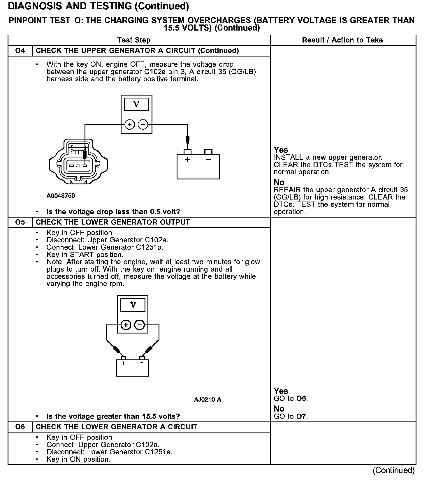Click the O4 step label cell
(x=20, y=51)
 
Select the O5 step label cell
(x=20, y=222)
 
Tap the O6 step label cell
(x=20, y=427)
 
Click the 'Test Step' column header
(x=134, y=40)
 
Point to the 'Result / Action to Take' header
(x=342, y=40)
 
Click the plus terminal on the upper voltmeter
(x=129, y=125)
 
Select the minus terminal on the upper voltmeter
(x=143, y=125)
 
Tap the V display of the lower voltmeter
(x=133, y=305)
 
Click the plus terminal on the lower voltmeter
(x=126, y=324)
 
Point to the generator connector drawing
(x=78, y=162)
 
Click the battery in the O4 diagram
(x=198, y=166)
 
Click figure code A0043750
(x=61, y=196)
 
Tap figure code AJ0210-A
(x=208, y=400)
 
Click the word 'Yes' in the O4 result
(x=281, y=150)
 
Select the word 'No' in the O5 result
(x=279, y=409)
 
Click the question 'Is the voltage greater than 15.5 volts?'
(x=113, y=416)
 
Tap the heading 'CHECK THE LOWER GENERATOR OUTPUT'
(x=112, y=222)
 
